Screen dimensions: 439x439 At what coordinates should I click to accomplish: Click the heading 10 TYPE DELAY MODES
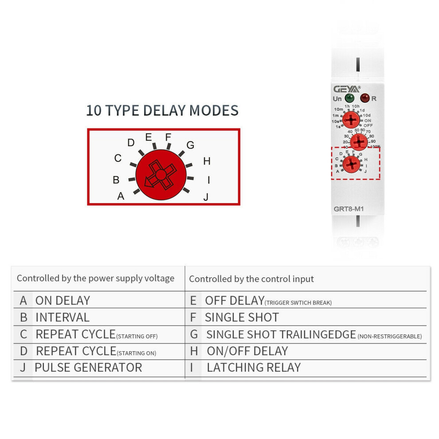[x=162, y=110]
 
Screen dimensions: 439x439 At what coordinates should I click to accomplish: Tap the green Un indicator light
[x=350, y=98]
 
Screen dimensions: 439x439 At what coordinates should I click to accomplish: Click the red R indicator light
[x=365, y=98]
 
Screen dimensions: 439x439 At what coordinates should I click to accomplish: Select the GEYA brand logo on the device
[x=347, y=89]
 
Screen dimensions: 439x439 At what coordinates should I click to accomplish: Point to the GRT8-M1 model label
[x=349, y=208]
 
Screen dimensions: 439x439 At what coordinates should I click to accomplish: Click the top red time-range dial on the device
[x=351, y=119]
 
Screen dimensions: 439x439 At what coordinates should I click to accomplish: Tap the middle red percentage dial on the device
[x=358, y=142]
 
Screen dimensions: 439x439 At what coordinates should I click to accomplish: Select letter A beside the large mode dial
[x=121, y=196]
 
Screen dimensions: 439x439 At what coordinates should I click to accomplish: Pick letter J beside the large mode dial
[x=206, y=197]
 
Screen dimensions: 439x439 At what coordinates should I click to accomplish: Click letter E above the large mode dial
[x=149, y=137]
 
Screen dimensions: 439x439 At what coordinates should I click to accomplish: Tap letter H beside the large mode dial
[x=207, y=161]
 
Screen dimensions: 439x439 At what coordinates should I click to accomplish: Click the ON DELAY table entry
[x=63, y=301]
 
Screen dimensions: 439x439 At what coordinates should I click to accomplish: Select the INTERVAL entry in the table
[x=63, y=317]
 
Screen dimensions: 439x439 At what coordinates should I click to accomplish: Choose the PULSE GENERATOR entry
[x=88, y=368]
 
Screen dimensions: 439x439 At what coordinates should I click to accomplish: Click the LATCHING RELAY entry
[x=254, y=368]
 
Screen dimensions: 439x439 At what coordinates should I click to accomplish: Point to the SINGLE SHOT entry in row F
[x=242, y=317]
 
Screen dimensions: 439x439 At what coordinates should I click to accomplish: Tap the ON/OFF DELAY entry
[x=247, y=351]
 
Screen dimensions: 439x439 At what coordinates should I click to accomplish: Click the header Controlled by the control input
[x=251, y=279]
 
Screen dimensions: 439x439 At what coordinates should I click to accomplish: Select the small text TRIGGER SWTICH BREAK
[x=298, y=303]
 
